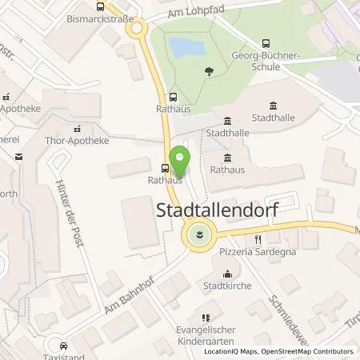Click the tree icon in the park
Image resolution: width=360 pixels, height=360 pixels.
(209, 71)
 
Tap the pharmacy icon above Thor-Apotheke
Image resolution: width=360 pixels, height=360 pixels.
(77, 128)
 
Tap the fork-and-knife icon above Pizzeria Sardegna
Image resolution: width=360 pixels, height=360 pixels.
(258, 238)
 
